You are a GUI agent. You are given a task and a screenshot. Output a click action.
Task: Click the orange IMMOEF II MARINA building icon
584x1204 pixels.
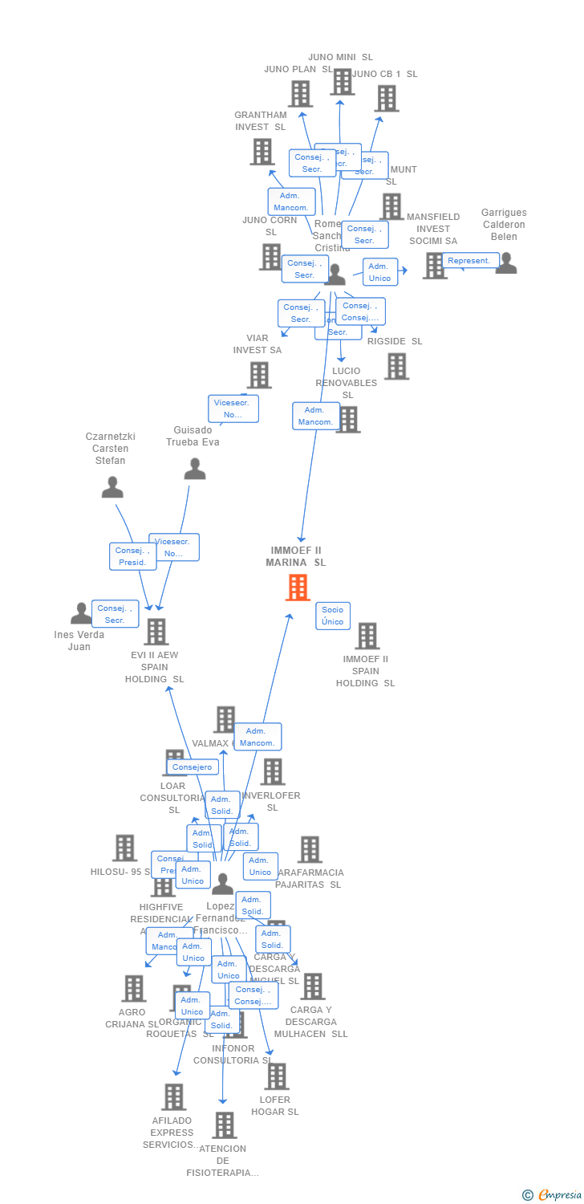(298, 588)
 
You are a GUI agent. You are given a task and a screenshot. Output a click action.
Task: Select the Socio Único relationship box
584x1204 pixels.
(333, 616)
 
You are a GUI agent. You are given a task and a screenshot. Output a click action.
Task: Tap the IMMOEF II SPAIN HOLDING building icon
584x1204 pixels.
(367, 636)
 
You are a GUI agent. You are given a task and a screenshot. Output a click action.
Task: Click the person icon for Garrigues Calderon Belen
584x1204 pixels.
(506, 263)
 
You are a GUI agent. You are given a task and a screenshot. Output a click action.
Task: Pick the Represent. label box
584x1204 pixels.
(469, 261)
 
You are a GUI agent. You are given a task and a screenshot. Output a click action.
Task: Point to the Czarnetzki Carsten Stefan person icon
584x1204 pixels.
(112, 487)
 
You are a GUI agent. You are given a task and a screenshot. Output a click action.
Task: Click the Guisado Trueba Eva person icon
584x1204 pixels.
(195, 469)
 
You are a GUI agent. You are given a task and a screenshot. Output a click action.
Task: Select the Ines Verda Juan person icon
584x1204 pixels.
(81, 614)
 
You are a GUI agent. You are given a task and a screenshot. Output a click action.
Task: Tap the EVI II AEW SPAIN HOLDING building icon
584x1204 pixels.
(156, 632)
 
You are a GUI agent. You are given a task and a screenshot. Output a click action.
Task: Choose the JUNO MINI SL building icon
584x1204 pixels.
(342, 82)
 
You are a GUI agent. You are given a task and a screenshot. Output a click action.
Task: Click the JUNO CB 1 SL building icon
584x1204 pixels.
(387, 99)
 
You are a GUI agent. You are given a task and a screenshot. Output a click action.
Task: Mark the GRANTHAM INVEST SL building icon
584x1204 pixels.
(262, 152)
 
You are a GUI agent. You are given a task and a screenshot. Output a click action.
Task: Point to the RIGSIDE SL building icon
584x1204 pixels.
(396, 366)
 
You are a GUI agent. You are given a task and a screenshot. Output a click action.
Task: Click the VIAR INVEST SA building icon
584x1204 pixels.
(259, 375)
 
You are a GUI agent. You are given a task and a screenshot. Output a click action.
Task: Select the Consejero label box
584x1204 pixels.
(193, 767)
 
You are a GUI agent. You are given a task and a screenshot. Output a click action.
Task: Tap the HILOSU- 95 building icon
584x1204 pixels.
(124, 848)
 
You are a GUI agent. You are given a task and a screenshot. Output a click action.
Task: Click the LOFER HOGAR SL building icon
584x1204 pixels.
(276, 1076)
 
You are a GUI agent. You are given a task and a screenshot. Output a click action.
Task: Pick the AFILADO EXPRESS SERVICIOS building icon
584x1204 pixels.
(173, 1097)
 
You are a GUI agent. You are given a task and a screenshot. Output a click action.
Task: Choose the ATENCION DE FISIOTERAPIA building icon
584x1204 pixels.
(225, 1125)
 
